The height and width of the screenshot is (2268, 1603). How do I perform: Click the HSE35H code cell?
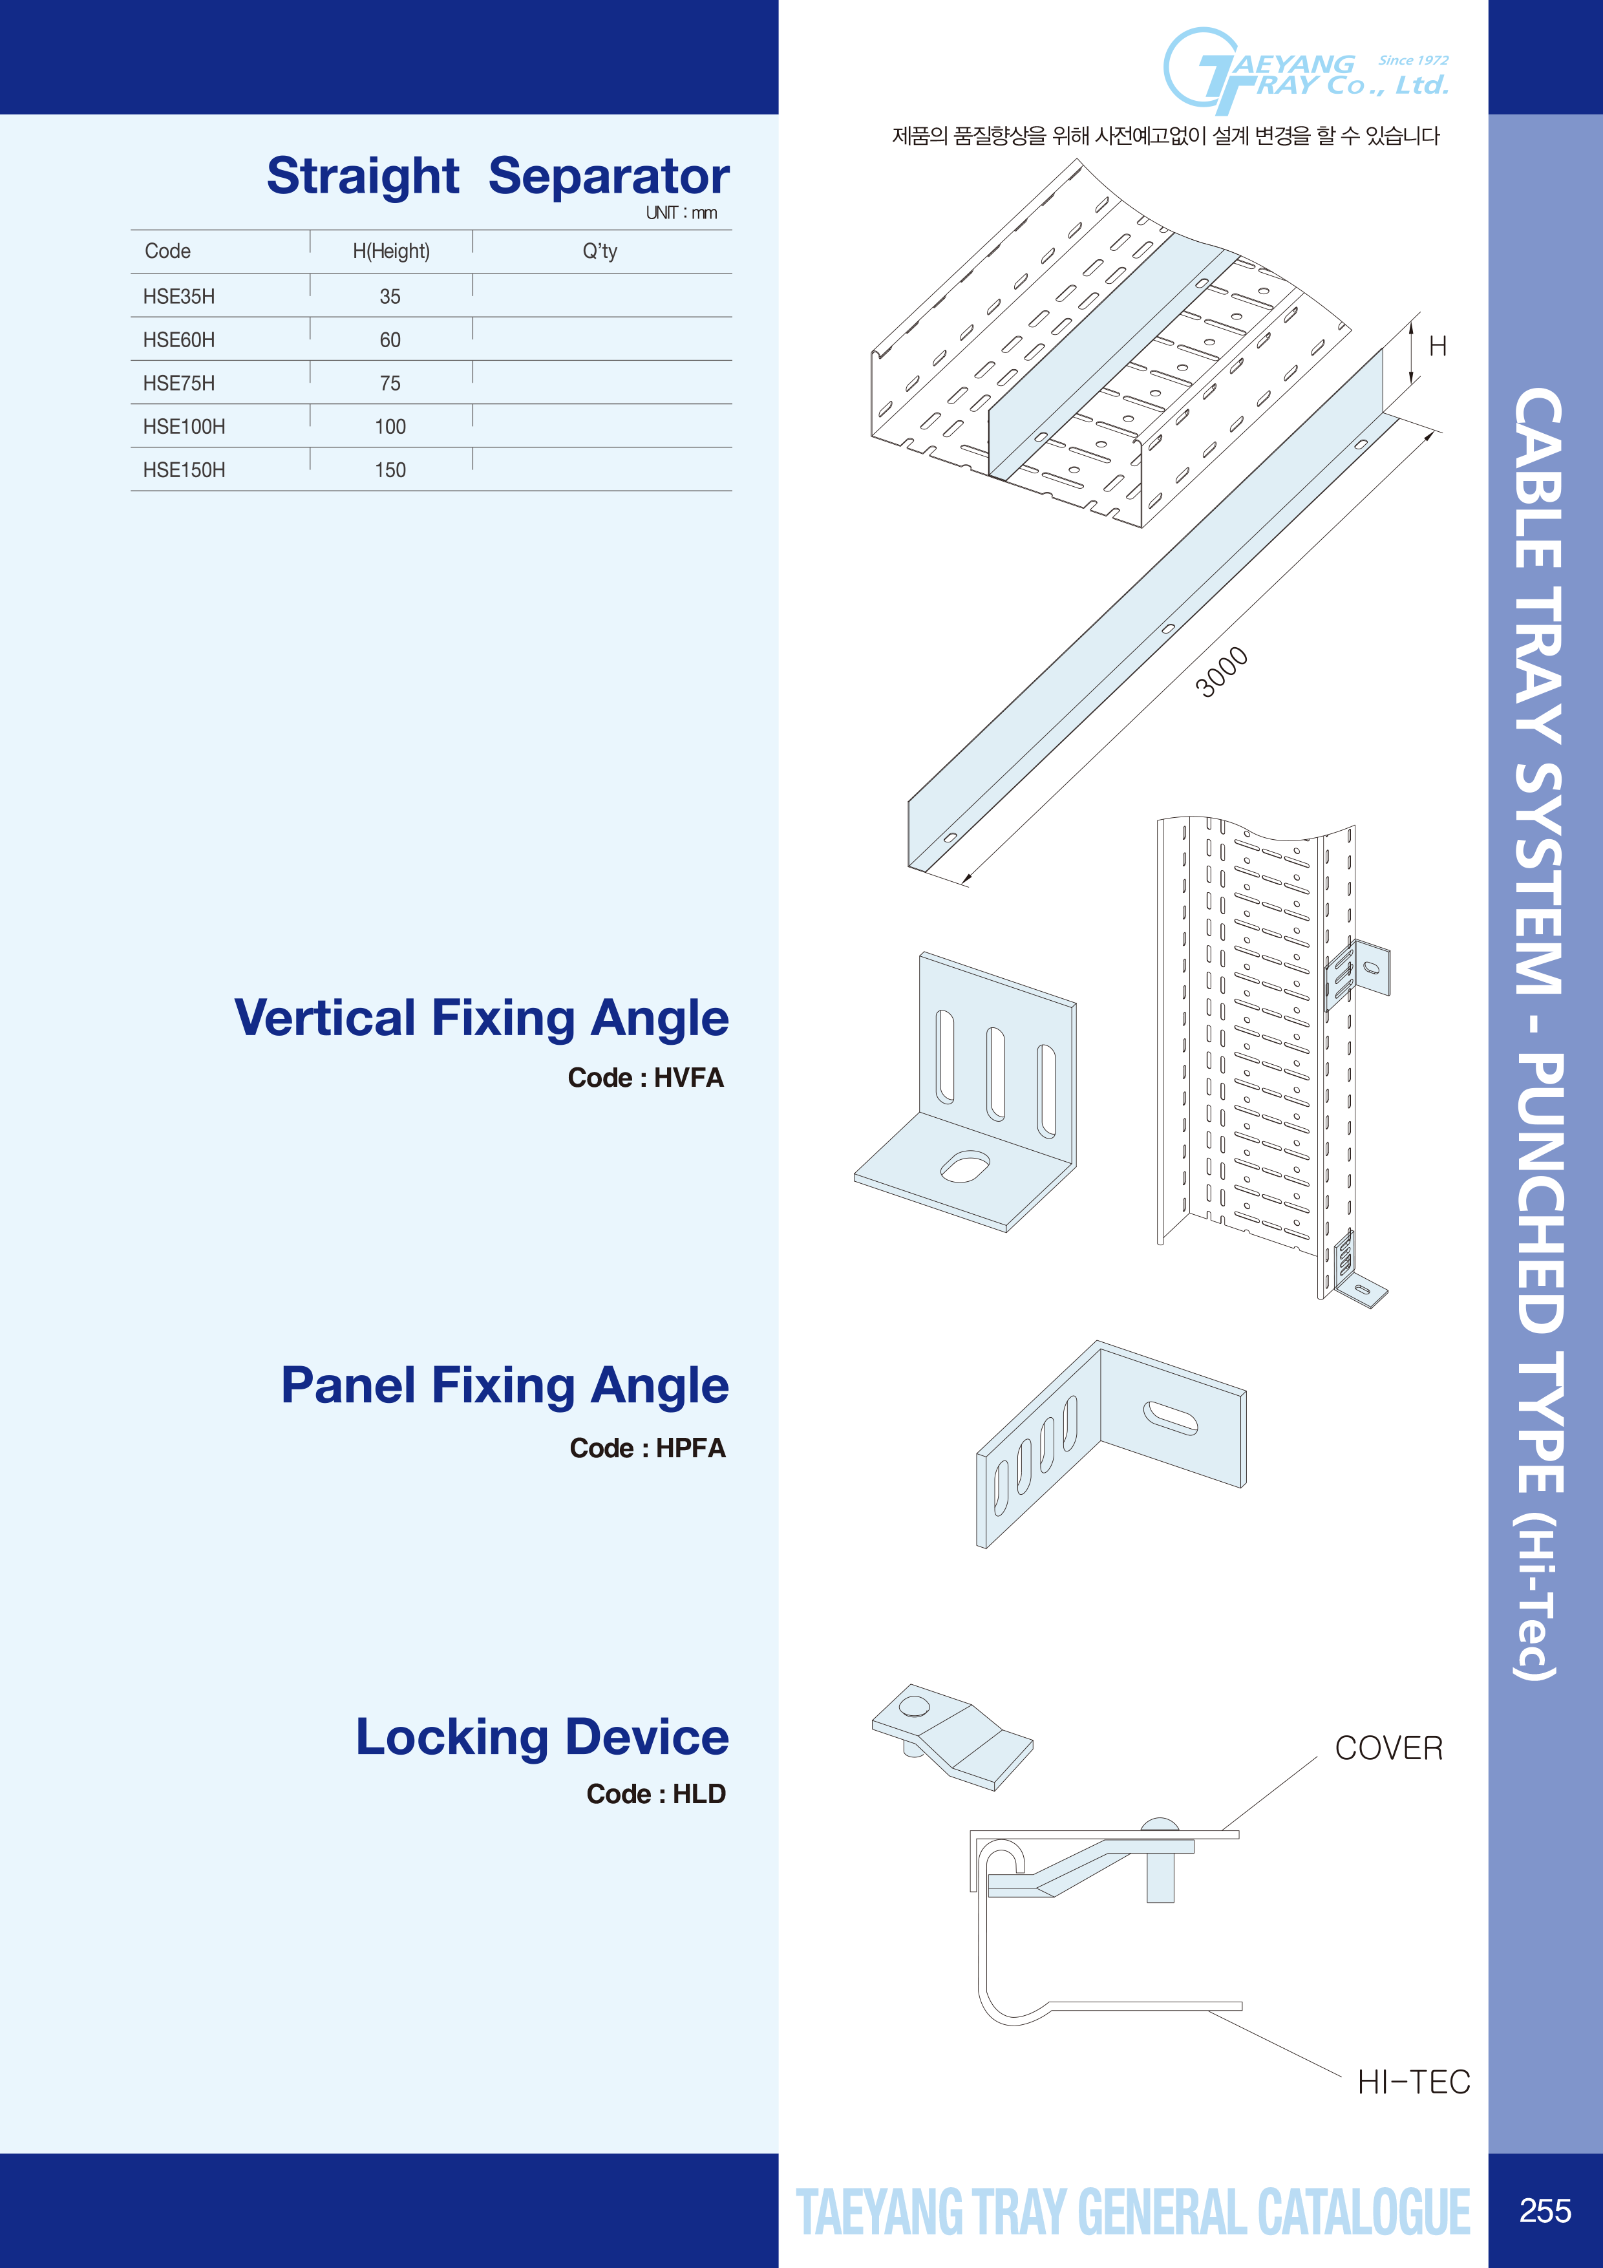tap(179, 296)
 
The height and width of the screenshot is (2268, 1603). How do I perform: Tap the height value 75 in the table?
tap(390, 383)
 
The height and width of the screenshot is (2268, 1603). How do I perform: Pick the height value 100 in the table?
tap(390, 427)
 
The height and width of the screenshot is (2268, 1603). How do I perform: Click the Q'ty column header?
tap(600, 251)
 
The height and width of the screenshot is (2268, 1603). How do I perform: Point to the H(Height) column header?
tap(391, 251)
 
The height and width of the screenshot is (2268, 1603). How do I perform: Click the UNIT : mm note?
tap(681, 212)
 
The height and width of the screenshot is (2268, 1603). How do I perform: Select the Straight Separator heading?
tap(498, 176)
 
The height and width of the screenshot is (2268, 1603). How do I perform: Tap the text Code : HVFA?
tap(645, 1078)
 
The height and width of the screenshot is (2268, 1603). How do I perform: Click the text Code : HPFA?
tap(647, 1448)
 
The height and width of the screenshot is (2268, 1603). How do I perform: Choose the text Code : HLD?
tap(656, 1794)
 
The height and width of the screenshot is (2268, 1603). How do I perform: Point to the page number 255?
tap(1545, 2210)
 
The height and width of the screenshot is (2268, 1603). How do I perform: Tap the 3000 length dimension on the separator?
tap(1222, 672)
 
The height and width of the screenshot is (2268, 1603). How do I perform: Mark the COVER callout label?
tap(1388, 1748)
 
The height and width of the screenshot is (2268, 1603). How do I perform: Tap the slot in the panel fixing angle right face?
tap(1171, 1417)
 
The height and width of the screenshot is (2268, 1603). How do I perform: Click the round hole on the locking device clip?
tap(913, 1706)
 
